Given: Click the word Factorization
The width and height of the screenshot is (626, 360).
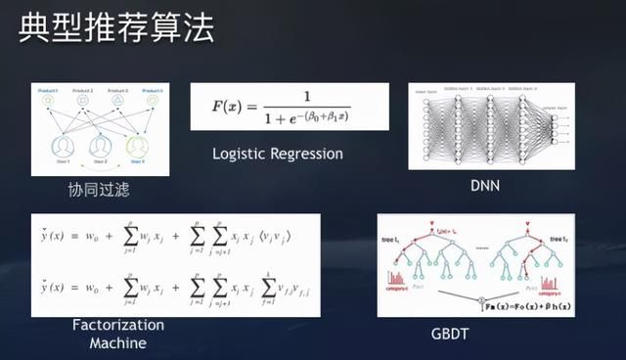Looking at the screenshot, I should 117,326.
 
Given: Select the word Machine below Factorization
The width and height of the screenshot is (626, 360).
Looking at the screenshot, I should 117,342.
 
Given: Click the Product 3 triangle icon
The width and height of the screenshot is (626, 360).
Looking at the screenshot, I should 117,101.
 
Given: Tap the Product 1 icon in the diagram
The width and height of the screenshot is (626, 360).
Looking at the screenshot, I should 49,101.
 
